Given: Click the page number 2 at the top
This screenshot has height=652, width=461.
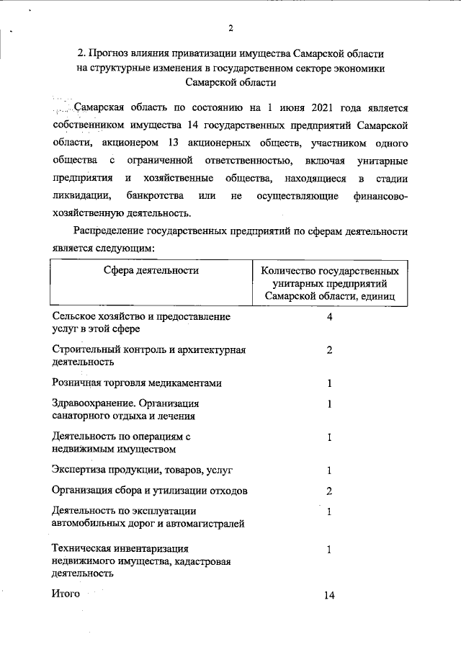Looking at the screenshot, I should click(x=230, y=29).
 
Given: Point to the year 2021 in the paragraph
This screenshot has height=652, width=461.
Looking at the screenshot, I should click(x=307, y=109).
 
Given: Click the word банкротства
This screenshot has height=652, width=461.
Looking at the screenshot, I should click(x=157, y=195).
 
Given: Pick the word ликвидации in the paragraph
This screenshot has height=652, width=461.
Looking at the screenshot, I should click(x=81, y=195).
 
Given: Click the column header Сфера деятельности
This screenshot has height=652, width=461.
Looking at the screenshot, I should click(x=151, y=271).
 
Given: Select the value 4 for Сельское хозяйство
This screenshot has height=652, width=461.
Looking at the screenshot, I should click(x=329, y=317).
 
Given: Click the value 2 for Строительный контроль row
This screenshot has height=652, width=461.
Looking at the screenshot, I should click(x=329, y=350).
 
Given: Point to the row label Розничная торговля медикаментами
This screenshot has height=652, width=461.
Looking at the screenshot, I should click(x=137, y=383).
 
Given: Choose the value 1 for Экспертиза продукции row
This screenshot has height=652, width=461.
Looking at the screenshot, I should click(x=329, y=470).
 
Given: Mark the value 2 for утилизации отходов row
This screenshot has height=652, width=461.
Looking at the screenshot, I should click(x=329, y=491).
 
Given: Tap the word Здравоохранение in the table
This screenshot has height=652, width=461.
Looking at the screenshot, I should click(x=92, y=403).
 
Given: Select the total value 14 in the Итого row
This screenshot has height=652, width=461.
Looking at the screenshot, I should click(x=330, y=596).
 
